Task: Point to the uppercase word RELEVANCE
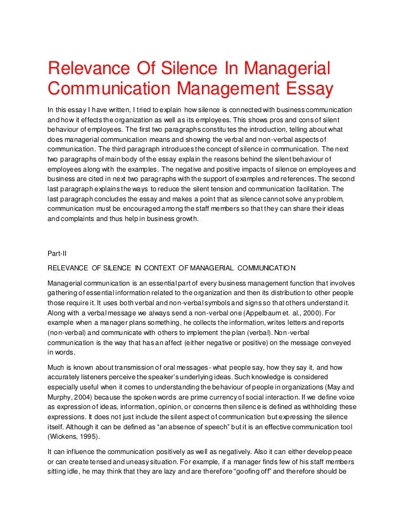tap(72, 267)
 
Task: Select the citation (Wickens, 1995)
tap(73, 436)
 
